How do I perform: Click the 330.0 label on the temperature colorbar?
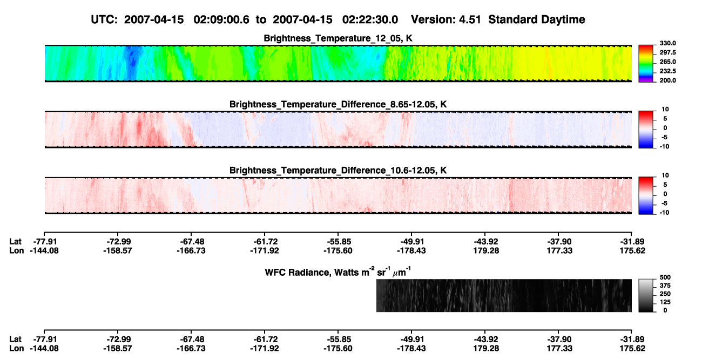point(667,43)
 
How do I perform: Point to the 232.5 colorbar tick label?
point(667,71)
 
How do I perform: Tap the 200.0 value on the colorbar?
point(667,80)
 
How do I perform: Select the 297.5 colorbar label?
point(667,53)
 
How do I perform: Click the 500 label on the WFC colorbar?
point(665,277)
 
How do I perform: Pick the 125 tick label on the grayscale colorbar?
point(665,302)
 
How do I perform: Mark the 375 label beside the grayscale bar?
point(665,286)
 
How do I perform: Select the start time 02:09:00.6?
point(221,20)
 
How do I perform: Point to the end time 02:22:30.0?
point(370,20)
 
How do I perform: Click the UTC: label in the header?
point(104,20)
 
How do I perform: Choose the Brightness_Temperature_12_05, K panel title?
point(338,38)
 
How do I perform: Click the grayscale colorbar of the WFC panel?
point(646,295)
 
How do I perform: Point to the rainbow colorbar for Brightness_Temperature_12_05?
point(646,64)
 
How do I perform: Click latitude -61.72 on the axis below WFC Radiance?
point(265,339)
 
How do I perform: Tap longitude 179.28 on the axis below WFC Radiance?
point(486,349)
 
